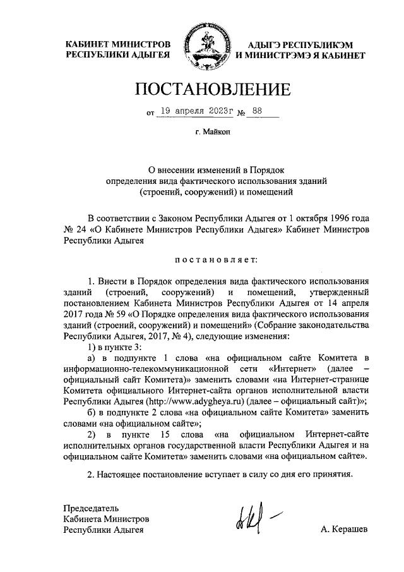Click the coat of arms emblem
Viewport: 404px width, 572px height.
pyautogui.click(x=202, y=48)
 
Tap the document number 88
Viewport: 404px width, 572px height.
pyautogui.click(x=258, y=111)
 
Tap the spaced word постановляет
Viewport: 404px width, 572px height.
pyautogui.click(x=216, y=259)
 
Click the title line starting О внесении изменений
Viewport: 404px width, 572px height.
pyautogui.click(x=217, y=169)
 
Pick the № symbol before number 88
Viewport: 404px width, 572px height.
pyautogui.click(x=242, y=113)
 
